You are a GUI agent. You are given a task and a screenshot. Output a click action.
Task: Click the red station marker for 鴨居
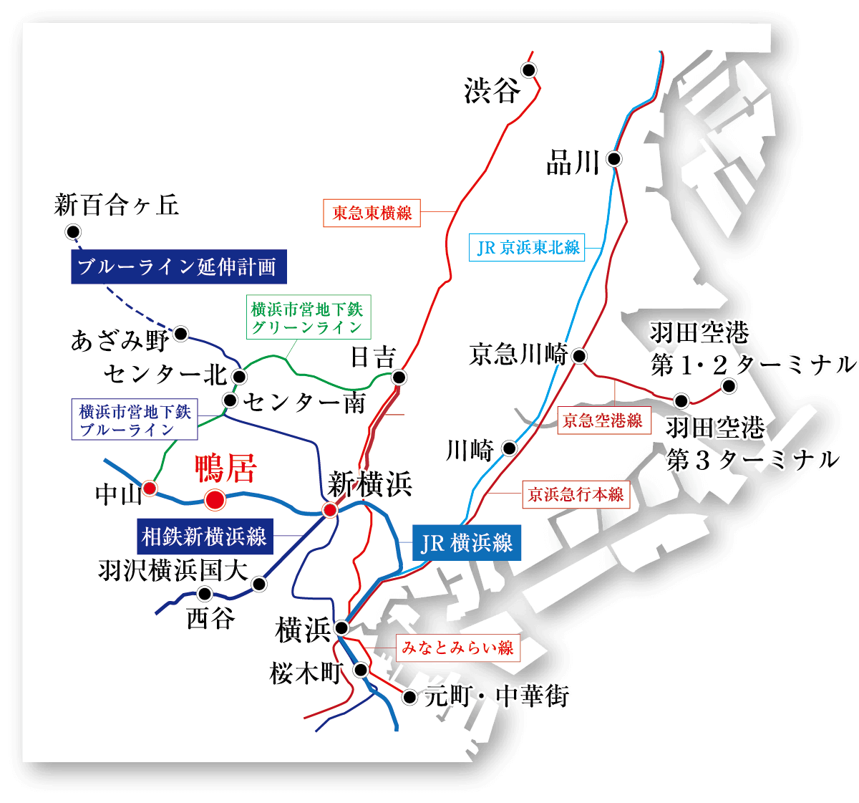(215, 499)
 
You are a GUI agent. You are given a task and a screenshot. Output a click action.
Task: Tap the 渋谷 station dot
(528, 70)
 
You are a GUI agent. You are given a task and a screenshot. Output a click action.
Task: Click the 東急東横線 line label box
(372, 213)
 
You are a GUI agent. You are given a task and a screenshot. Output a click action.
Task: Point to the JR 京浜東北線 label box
(528, 248)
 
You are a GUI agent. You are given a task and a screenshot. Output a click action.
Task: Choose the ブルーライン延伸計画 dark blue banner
(179, 267)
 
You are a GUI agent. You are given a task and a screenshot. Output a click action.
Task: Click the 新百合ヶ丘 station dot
(72, 231)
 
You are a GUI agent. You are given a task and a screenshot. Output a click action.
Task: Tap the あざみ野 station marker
(181, 333)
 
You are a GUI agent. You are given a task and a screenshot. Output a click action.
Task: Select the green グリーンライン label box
(308, 318)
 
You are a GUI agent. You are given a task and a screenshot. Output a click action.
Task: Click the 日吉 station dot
(399, 377)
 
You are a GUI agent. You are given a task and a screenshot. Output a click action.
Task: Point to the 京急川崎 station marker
(580, 355)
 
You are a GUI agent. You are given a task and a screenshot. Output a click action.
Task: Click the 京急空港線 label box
(603, 420)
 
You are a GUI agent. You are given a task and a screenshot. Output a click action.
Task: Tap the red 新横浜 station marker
(330, 510)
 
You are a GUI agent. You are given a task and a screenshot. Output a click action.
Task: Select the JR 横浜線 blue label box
(467, 543)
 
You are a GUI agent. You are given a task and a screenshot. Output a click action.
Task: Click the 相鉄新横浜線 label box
(204, 536)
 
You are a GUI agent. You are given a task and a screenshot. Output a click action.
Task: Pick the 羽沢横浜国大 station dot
(259, 585)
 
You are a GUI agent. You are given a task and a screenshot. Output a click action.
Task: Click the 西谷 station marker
(205, 593)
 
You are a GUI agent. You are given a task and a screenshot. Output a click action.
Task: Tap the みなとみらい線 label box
(457, 648)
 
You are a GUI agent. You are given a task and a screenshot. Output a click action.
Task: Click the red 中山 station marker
(150, 488)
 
